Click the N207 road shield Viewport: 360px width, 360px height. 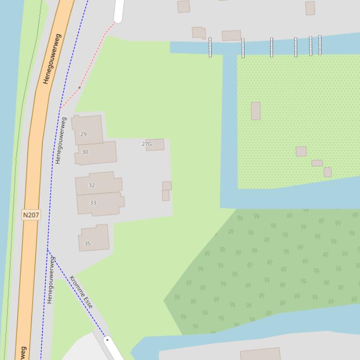point(31,215)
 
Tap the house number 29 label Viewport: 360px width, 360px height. point(83,134)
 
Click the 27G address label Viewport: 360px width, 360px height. point(147,144)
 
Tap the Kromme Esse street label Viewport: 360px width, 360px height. point(81,292)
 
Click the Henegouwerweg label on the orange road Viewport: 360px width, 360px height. point(52,65)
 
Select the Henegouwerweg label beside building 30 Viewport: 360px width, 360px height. point(60,140)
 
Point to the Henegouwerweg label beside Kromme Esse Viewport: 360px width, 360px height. point(51,280)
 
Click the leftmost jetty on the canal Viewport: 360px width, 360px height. point(210,47)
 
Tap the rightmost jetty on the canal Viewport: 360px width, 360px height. point(320,45)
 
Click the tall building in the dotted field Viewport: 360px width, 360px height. point(256,111)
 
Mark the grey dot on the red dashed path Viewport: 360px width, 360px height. point(80,87)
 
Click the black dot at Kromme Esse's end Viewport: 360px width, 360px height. point(107,340)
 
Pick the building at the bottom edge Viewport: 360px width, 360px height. point(260,354)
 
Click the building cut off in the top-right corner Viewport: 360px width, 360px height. point(310,7)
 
